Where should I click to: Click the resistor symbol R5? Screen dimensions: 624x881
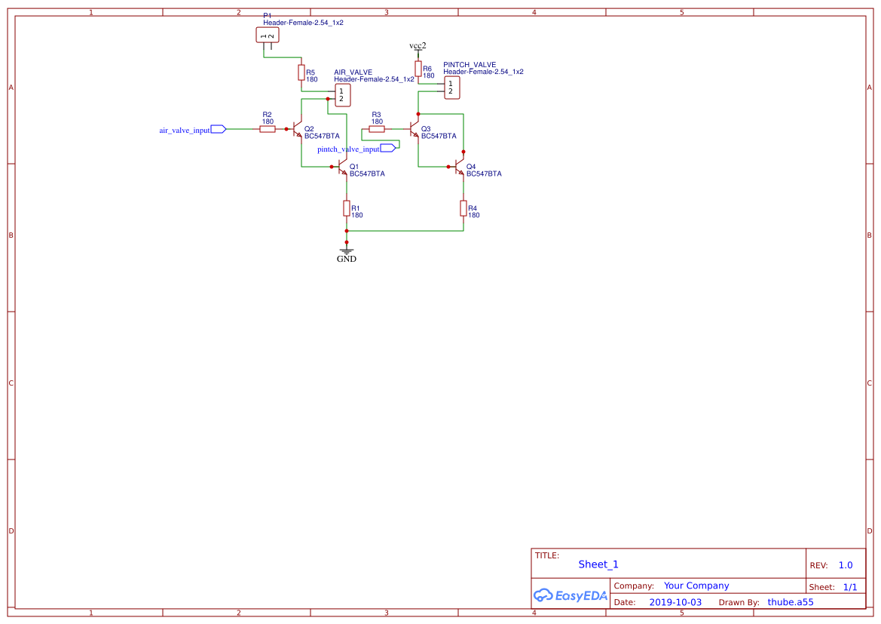click(301, 72)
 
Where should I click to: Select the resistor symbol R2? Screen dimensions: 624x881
click(268, 129)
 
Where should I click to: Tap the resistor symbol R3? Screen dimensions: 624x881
click(377, 129)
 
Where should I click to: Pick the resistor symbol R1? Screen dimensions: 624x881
click(347, 207)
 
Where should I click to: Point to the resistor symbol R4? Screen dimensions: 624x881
click(463, 207)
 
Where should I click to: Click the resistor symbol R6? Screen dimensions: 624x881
click(418, 69)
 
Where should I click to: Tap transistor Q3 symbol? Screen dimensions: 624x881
click(414, 129)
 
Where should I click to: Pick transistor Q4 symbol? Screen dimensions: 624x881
click(460, 166)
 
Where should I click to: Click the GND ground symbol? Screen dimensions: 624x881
click(347, 251)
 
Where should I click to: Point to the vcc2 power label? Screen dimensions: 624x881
click(418, 46)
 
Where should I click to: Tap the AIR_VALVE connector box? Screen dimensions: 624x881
click(342, 95)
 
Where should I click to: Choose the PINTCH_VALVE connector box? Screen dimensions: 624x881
click(451, 88)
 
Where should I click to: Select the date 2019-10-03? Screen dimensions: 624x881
click(675, 602)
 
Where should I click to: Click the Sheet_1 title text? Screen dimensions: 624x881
click(598, 564)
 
